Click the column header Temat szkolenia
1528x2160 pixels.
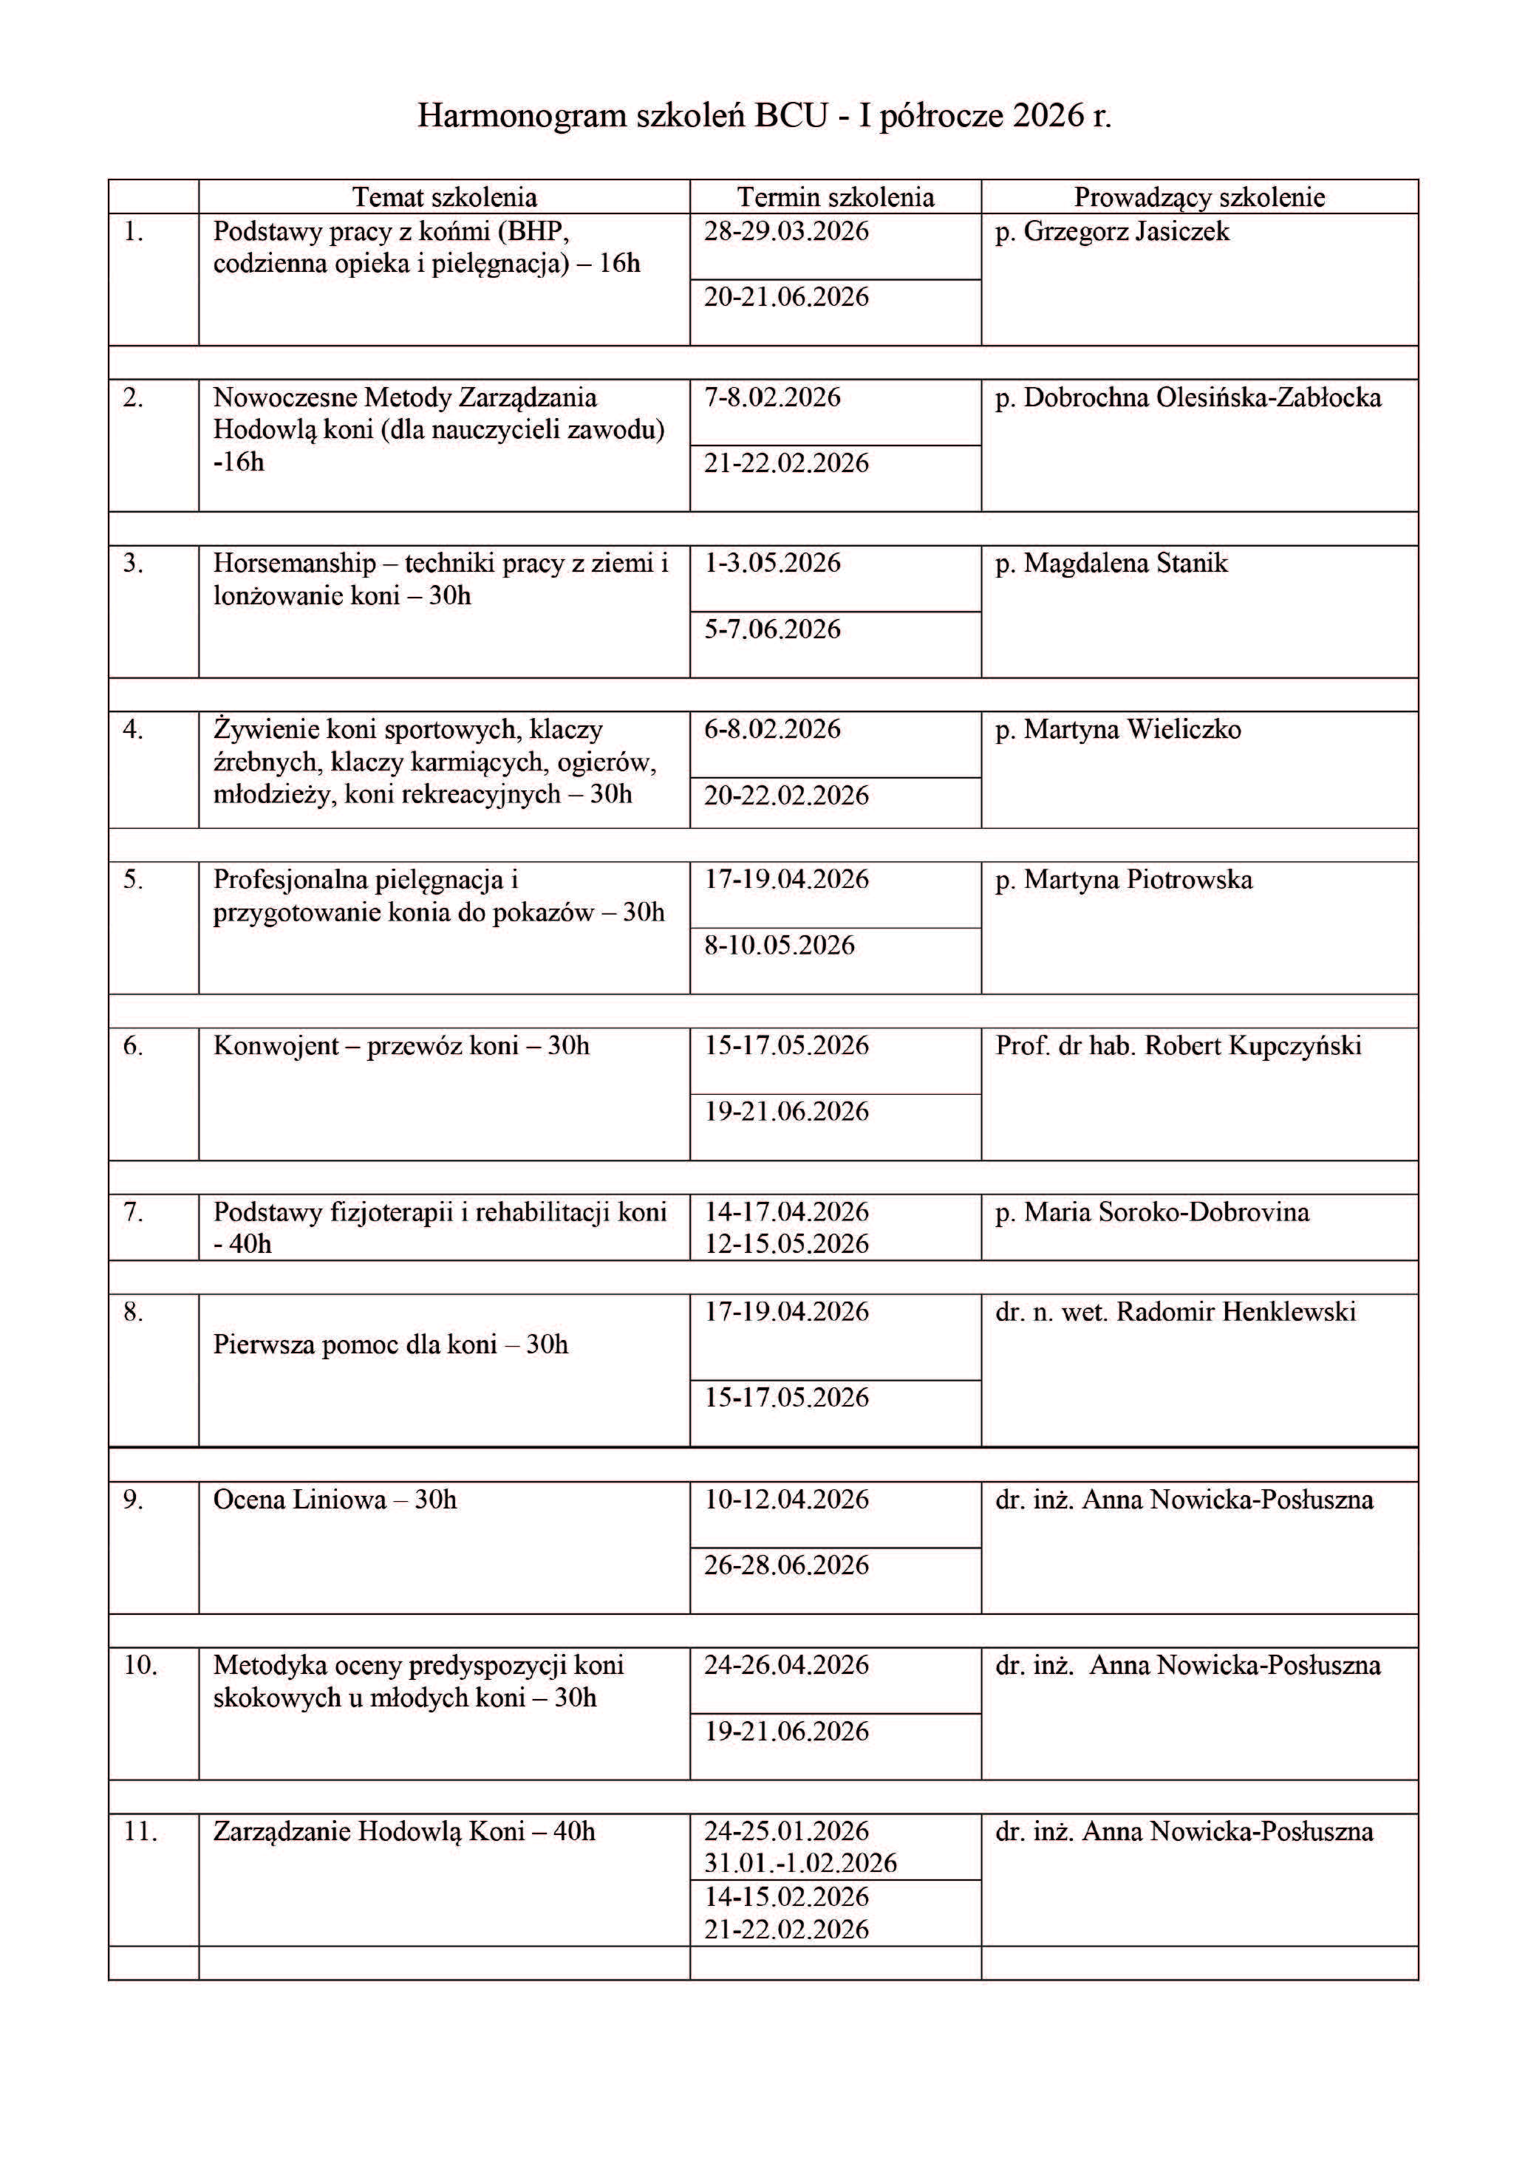tap(444, 197)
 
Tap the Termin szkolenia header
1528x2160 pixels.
tap(835, 197)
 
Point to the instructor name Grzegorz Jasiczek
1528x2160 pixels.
tap(1125, 231)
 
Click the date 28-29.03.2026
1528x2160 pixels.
tap(787, 231)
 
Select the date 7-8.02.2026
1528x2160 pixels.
tap(772, 398)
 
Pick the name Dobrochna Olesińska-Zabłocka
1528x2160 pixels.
tap(1201, 398)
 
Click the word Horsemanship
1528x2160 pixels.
tap(295, 564)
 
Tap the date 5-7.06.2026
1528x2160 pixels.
tap(772, 629)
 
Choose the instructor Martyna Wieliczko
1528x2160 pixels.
tap(1132, 730)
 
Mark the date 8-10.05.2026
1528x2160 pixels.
tap(780, 946)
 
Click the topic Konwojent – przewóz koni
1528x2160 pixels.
tap(402, 1046)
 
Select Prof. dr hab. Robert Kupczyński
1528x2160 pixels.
tap(1178, 1046)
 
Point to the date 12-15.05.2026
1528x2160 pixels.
tap(787, 1245)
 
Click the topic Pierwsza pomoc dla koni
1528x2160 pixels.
tap(390, 1344)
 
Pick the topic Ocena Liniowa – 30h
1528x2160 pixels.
tap(335, 1500)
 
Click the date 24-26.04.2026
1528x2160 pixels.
tap(787, 1665)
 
